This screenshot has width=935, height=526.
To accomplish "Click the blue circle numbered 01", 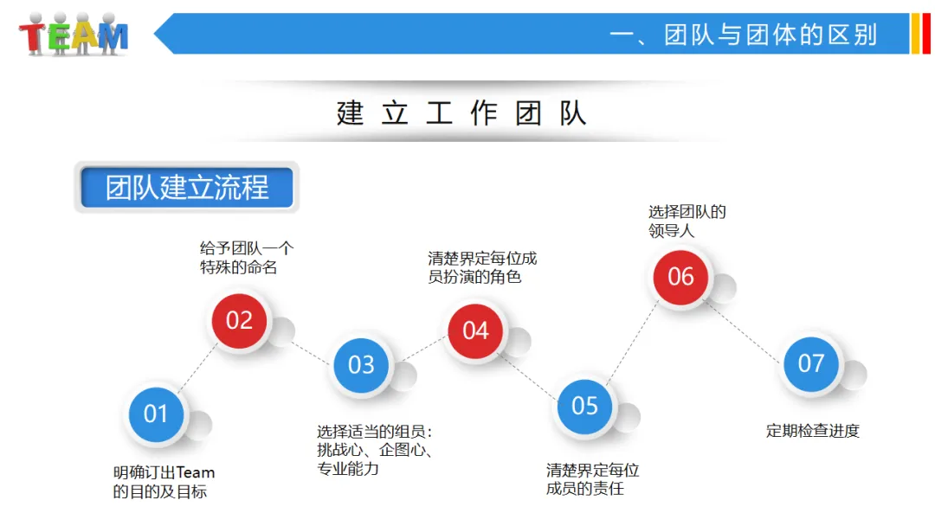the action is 156,414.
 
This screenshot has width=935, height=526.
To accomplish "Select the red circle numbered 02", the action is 239,320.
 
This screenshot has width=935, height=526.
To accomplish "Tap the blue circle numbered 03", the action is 361,365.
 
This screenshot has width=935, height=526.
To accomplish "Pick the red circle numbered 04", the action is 475,330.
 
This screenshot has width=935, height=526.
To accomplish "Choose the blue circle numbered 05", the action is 584,406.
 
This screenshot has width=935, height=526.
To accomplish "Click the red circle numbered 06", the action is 680,276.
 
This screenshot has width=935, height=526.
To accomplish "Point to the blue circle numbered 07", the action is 811,362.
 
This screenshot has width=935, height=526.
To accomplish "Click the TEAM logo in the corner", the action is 74,35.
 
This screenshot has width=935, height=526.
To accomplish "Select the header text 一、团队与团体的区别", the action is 744,35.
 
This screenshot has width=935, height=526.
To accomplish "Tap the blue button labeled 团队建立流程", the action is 187,188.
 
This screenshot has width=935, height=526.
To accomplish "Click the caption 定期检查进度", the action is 813,431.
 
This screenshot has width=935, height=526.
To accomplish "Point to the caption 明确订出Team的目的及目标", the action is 164,482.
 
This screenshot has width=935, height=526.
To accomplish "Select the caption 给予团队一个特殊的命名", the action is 247,258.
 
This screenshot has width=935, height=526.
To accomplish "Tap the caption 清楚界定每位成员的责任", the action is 592,479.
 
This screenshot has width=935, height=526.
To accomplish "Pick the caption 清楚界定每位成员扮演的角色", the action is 482,267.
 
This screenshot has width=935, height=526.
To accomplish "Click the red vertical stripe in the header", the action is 925,34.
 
